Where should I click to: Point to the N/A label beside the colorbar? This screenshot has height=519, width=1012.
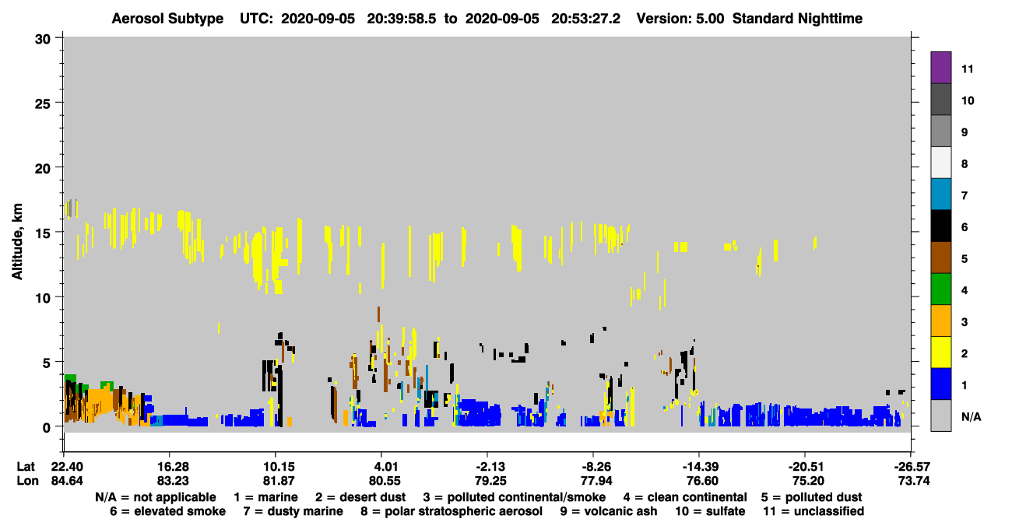pyautogui.click(x=971, y=416)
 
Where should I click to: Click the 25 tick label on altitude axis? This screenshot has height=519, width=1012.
pyautogui.click(x=43, y=104)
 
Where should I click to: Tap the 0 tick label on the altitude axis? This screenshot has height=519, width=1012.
pyautogui.click(x=47, y=428)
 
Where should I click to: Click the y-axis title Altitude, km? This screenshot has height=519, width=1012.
pyautogui.click(x=16, y=241)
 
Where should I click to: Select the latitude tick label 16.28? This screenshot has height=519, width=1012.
pyautogui.click(x=173, y=466)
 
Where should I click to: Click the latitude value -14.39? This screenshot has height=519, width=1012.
pyautogui.click(x=701, y=466)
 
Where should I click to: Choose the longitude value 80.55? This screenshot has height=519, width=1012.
pyautogui.click(x=385, y=481)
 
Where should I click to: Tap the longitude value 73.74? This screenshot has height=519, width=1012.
pyautogui.click(x=914, y=481)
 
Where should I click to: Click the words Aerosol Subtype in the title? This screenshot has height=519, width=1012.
pyautogui.click(x=167, y=19)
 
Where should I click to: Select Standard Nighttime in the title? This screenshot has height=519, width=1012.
pyautogui.click(x=797, y=19)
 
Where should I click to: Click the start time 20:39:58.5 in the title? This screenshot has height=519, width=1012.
pyautogui.click(x=401, y=19)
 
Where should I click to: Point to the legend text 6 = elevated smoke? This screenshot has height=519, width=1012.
pyautogui.click(x=167, y=511)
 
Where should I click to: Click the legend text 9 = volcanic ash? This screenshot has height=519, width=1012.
pyautogui.click(x=609, y=511)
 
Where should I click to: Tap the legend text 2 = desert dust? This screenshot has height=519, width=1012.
pyautogui.click(x=360, y=497)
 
